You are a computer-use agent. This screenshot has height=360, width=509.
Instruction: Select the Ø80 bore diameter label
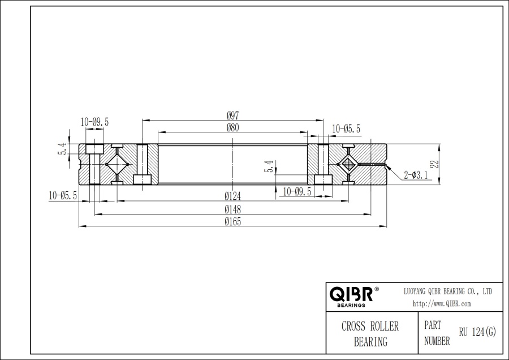(x=233, y=128)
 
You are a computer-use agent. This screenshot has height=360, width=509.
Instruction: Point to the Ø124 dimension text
(x=233, y=196)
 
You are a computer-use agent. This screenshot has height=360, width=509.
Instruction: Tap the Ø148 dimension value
(x=233, y=209)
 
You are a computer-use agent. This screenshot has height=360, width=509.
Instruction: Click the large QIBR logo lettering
(x=350, y=294)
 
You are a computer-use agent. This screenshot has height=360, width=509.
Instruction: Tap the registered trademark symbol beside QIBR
(x=377, y=289)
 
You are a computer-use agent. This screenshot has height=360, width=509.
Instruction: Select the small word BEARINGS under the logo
(x=351, y=305)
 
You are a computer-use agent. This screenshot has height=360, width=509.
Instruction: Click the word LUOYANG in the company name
(x=419, y=291)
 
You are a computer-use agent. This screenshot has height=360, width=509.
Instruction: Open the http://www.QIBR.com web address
(x=442, y=304)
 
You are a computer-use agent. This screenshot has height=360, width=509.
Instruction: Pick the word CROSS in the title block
(x=355, y=327)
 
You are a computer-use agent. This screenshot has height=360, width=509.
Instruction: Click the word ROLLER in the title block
(x=385, y=327)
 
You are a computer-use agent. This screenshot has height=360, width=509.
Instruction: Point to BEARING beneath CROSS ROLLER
(x=370, y=341)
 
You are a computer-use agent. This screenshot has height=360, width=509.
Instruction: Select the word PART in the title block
(x=432, y=326)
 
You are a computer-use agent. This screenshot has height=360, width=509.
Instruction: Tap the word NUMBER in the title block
(x=437, y=341)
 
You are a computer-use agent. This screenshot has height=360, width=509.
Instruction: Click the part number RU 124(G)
(x=477, y=333)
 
